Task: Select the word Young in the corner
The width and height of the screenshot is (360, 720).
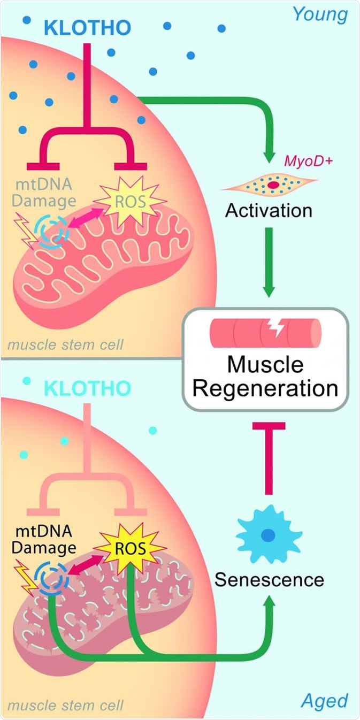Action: pyautogui.click(x=320, y=14)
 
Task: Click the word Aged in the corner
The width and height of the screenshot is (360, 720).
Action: pyautogui.click(x=325, y=700)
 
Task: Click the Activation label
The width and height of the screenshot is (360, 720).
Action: pyautogui.click(x=269, y=210)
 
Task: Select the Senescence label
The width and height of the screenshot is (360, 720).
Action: pyautogui.click(x=269, y=579)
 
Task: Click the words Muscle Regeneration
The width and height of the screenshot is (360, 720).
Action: pyautogui.click(x=266, y=376)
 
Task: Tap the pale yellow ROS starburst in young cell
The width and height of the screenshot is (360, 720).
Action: pyautogui.click(x=129, y=202)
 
